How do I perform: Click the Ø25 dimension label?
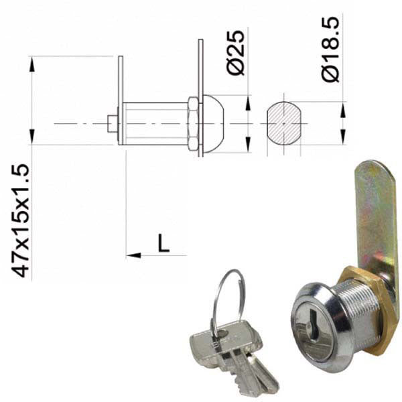[x=236, y=53]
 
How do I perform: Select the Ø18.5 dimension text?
[x=331, y=49]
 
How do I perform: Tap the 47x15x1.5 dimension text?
[x=20, y=220]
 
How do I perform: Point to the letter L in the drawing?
[x=163, y=243]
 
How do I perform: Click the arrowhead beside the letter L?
[x=133, y=255]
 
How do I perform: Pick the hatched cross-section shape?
[x=284, y=123]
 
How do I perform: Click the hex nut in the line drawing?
[x=193, y=123]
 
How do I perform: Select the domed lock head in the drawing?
[x=213, y=124]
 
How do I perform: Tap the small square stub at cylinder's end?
[x=113, y=123]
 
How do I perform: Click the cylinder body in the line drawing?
[x=155, y=123]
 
